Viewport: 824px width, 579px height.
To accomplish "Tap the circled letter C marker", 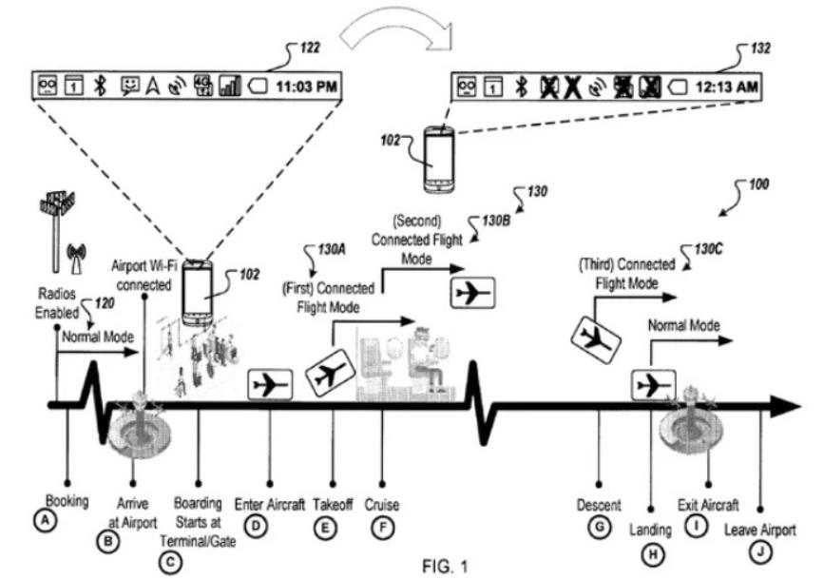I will click(x=172, y=560).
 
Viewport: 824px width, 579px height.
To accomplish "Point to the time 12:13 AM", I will click(x=727, y=86).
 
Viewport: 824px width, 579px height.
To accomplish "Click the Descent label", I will click(x=599, y=503).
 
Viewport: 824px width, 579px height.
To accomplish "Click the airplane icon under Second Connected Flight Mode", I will click(x=472, y=293).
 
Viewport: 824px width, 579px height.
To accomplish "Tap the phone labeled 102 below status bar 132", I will click(x=439, y=155).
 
